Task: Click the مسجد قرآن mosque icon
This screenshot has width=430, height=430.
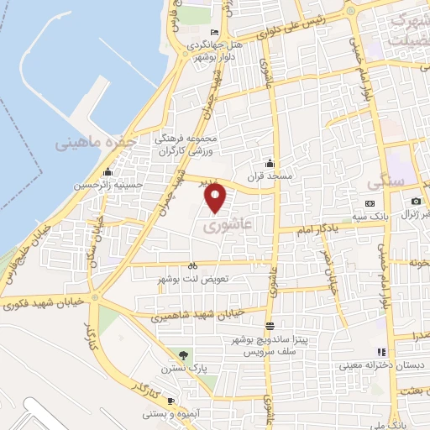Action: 270,163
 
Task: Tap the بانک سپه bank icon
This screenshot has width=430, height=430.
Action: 370,204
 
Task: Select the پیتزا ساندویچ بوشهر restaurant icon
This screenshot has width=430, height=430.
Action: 269,326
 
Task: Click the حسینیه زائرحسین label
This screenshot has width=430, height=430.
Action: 110,184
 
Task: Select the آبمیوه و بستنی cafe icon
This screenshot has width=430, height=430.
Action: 170,401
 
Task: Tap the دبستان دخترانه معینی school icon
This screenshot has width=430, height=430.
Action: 381,352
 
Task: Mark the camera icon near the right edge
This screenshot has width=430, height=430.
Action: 416,202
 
